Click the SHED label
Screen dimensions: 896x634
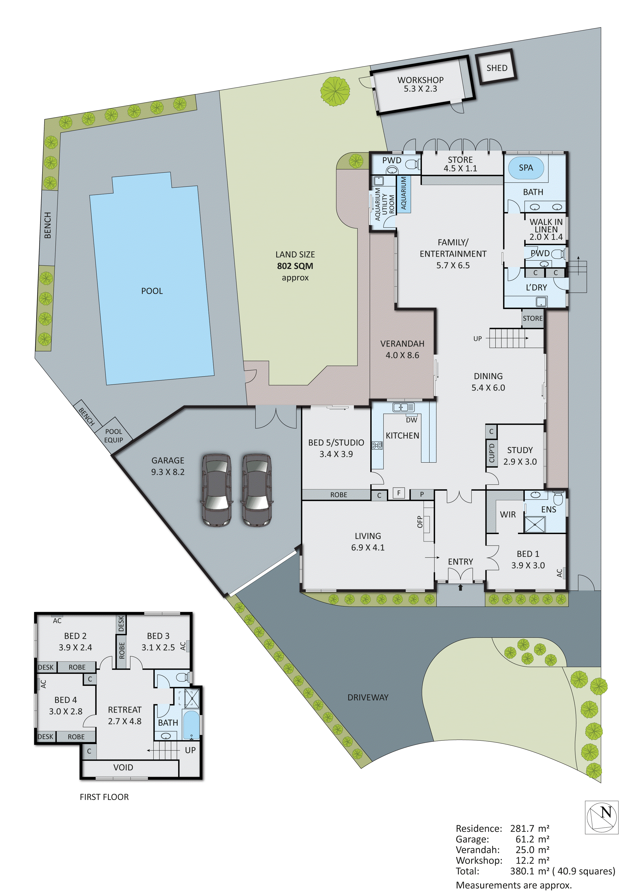point(497,68)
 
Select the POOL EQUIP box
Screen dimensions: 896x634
point(114,435)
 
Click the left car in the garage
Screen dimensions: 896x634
point(216,490)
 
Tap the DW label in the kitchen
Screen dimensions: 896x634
point(411,420)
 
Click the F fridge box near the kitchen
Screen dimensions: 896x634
point(399,493)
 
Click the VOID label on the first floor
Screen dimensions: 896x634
point(123,767)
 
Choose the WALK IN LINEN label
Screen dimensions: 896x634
point(546,229)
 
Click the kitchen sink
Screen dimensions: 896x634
point(403,407)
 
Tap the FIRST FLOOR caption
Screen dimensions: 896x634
point(104,797)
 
